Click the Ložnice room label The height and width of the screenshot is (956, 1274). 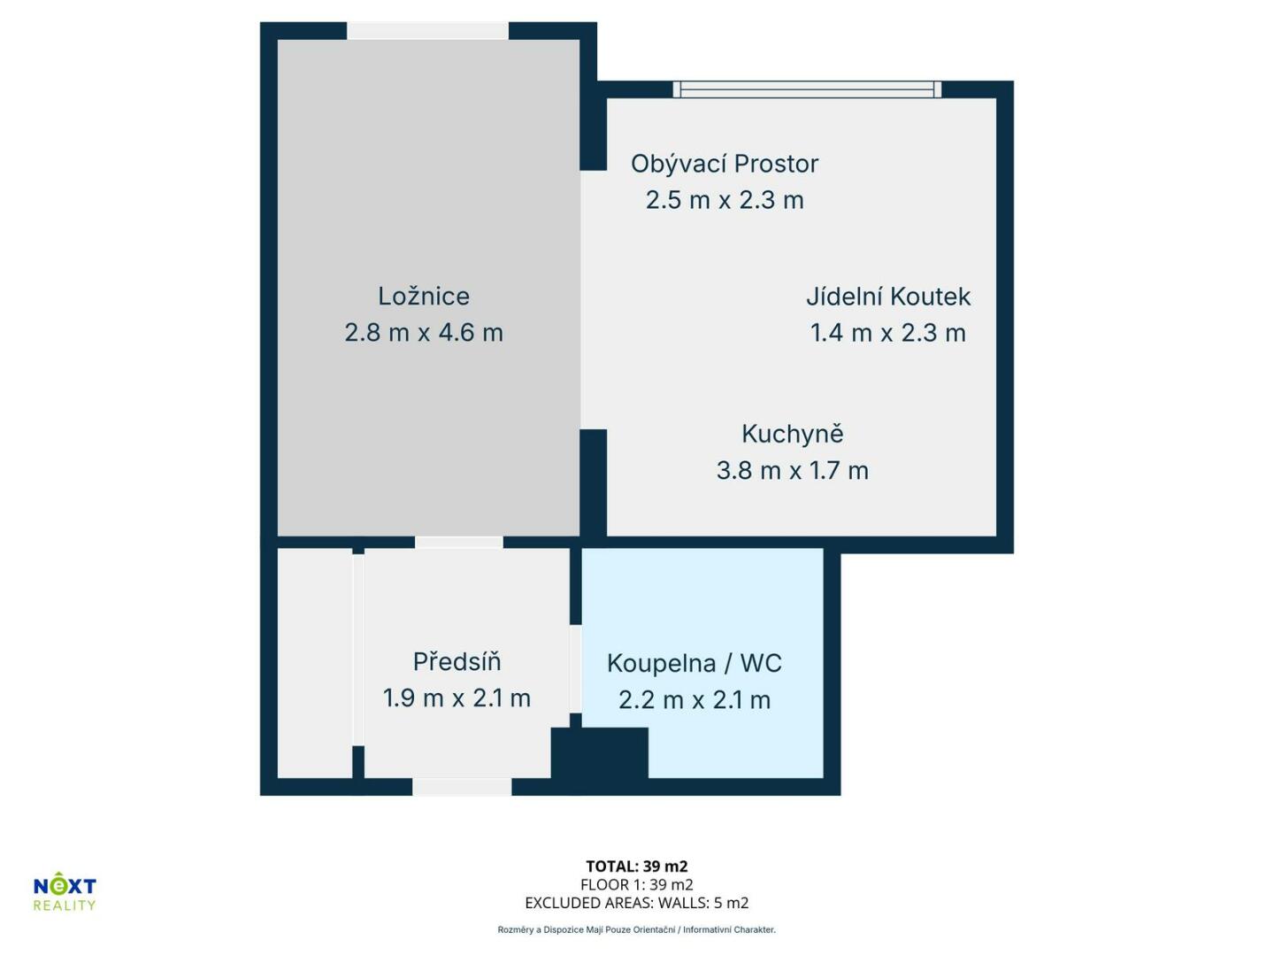424,296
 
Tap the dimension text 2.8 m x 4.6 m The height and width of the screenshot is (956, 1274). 424,333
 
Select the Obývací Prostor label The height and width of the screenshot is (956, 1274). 725,165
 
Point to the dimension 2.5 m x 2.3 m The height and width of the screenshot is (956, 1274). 725,200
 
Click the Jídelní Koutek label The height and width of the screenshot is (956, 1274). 888,297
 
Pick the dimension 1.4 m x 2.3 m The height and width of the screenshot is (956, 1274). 888,333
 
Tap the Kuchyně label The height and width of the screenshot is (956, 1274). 792,434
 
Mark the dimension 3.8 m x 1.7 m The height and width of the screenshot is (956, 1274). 792,471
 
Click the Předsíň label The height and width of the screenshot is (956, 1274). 457,661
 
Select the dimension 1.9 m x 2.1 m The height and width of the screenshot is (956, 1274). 457,698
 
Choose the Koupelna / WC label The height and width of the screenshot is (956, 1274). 695,664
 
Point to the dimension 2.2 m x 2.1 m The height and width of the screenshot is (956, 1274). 695,700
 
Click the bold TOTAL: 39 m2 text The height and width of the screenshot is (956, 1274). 637,866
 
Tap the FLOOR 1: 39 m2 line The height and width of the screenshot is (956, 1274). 637,884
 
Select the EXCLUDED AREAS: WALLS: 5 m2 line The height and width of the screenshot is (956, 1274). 637,903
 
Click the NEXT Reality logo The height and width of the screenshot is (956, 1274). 65,890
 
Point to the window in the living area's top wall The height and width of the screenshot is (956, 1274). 807,89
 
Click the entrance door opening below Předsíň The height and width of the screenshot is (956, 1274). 462,787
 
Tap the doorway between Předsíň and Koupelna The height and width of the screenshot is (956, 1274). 575,668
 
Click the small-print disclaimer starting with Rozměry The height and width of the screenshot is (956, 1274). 637,929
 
